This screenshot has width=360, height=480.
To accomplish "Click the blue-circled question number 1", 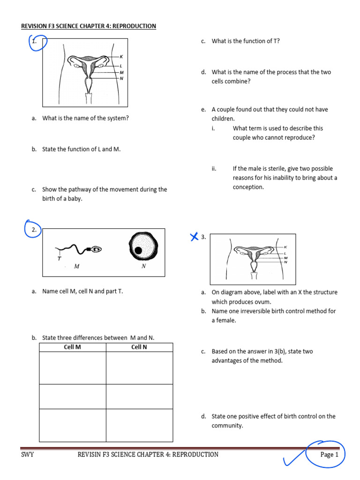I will pos(34,42).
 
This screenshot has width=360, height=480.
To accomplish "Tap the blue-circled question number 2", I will pos(34,230).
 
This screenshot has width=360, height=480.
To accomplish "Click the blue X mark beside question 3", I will pos(194,237).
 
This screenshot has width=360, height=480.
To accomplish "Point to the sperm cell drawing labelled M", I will pos(78,250).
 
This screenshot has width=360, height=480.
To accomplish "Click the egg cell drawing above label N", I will pos(143,248).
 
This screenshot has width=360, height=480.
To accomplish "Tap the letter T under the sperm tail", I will pos(59,258).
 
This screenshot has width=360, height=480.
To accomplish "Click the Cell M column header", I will pos(72,347).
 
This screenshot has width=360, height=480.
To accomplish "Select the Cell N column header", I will pos(139,347).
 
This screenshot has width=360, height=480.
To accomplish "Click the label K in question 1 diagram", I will pos(121,57).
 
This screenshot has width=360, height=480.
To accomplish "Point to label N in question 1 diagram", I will pos(121,78).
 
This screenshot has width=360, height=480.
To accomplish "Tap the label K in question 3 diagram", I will pos(285,247).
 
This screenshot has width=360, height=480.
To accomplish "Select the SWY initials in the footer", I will pos(28,454).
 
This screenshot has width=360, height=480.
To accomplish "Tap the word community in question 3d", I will pos(227,426).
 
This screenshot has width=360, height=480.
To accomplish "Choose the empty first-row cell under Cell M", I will pos(72,368).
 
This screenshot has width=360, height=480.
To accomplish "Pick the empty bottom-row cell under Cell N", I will pos(139,425).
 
